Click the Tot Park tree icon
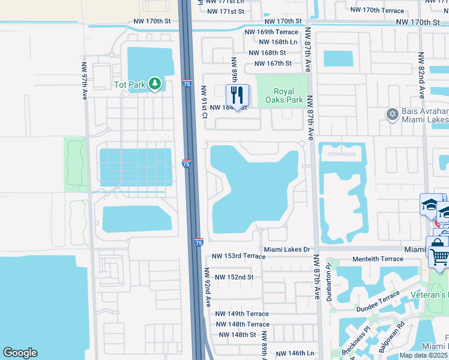155,84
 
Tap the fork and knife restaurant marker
237,95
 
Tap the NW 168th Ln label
278,42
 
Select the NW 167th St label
273,64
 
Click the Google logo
20,353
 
